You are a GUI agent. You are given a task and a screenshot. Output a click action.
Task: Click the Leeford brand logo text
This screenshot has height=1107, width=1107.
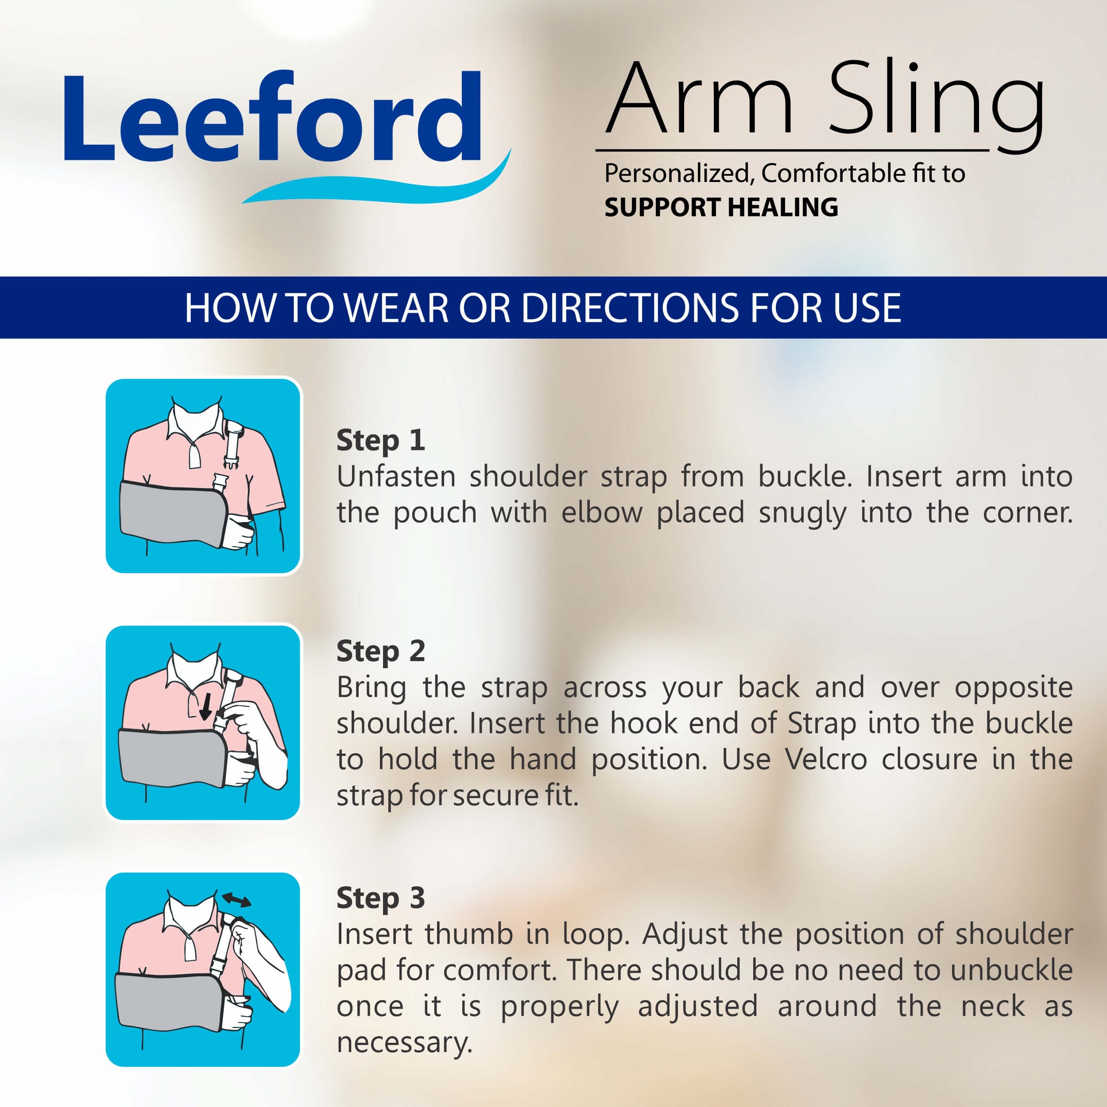click(x=272, y=117)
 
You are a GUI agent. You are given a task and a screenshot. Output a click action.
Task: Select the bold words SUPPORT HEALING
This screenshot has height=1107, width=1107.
click(x=721, y=207)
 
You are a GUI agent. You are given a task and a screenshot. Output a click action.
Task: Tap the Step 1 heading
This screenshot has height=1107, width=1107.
click(x=380, y=440)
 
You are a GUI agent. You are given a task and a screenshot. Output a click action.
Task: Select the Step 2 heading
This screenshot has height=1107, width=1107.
click(x=380, y=651)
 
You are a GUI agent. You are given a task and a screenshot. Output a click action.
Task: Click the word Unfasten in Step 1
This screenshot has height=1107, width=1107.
click(x=396, y=477)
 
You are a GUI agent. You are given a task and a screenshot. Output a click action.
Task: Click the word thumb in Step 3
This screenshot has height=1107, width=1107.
click(x=468, y=935)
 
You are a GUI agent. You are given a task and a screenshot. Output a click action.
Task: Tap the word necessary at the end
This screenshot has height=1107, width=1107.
click(x=403, y=1042)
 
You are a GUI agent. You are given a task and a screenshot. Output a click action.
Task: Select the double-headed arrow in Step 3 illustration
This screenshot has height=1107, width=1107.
click(x=236, y=900)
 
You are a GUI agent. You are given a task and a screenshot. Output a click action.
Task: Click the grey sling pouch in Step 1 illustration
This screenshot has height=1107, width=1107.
click(x=172, y=512)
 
